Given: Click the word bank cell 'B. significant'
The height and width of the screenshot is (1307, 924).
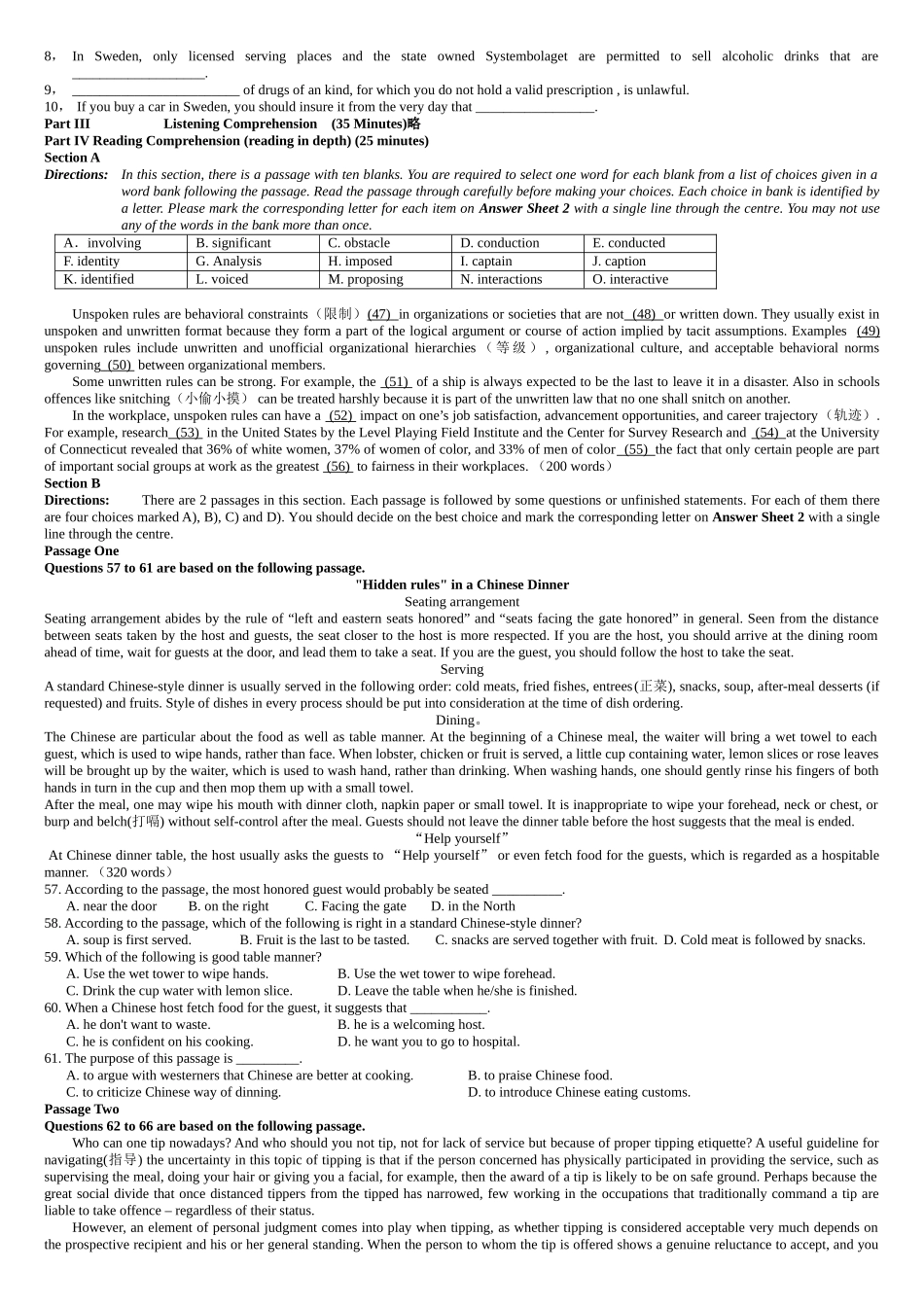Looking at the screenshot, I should tap(233, 243).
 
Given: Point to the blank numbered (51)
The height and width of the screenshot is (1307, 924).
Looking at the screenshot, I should tap(396, 382).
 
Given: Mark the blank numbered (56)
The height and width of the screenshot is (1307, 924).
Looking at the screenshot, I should tap(338, 467).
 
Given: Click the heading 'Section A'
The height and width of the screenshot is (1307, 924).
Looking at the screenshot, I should tap(72, 158).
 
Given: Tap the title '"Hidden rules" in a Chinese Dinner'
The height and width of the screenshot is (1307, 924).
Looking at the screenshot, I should tap(462, 585).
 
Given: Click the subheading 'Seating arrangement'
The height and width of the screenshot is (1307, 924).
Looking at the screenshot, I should tap(462, 602).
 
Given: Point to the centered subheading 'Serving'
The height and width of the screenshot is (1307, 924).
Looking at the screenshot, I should tap(462, 670).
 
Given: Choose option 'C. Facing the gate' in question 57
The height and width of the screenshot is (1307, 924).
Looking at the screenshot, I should tap(355, 906).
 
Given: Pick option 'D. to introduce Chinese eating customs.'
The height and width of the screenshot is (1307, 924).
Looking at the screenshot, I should tap(579, 1093).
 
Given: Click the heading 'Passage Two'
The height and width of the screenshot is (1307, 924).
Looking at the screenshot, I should tap(82, 1110).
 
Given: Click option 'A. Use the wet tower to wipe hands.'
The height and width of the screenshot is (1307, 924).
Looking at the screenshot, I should tap(167, 974).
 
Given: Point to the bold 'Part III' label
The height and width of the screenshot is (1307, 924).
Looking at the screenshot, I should tap(67, 124).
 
